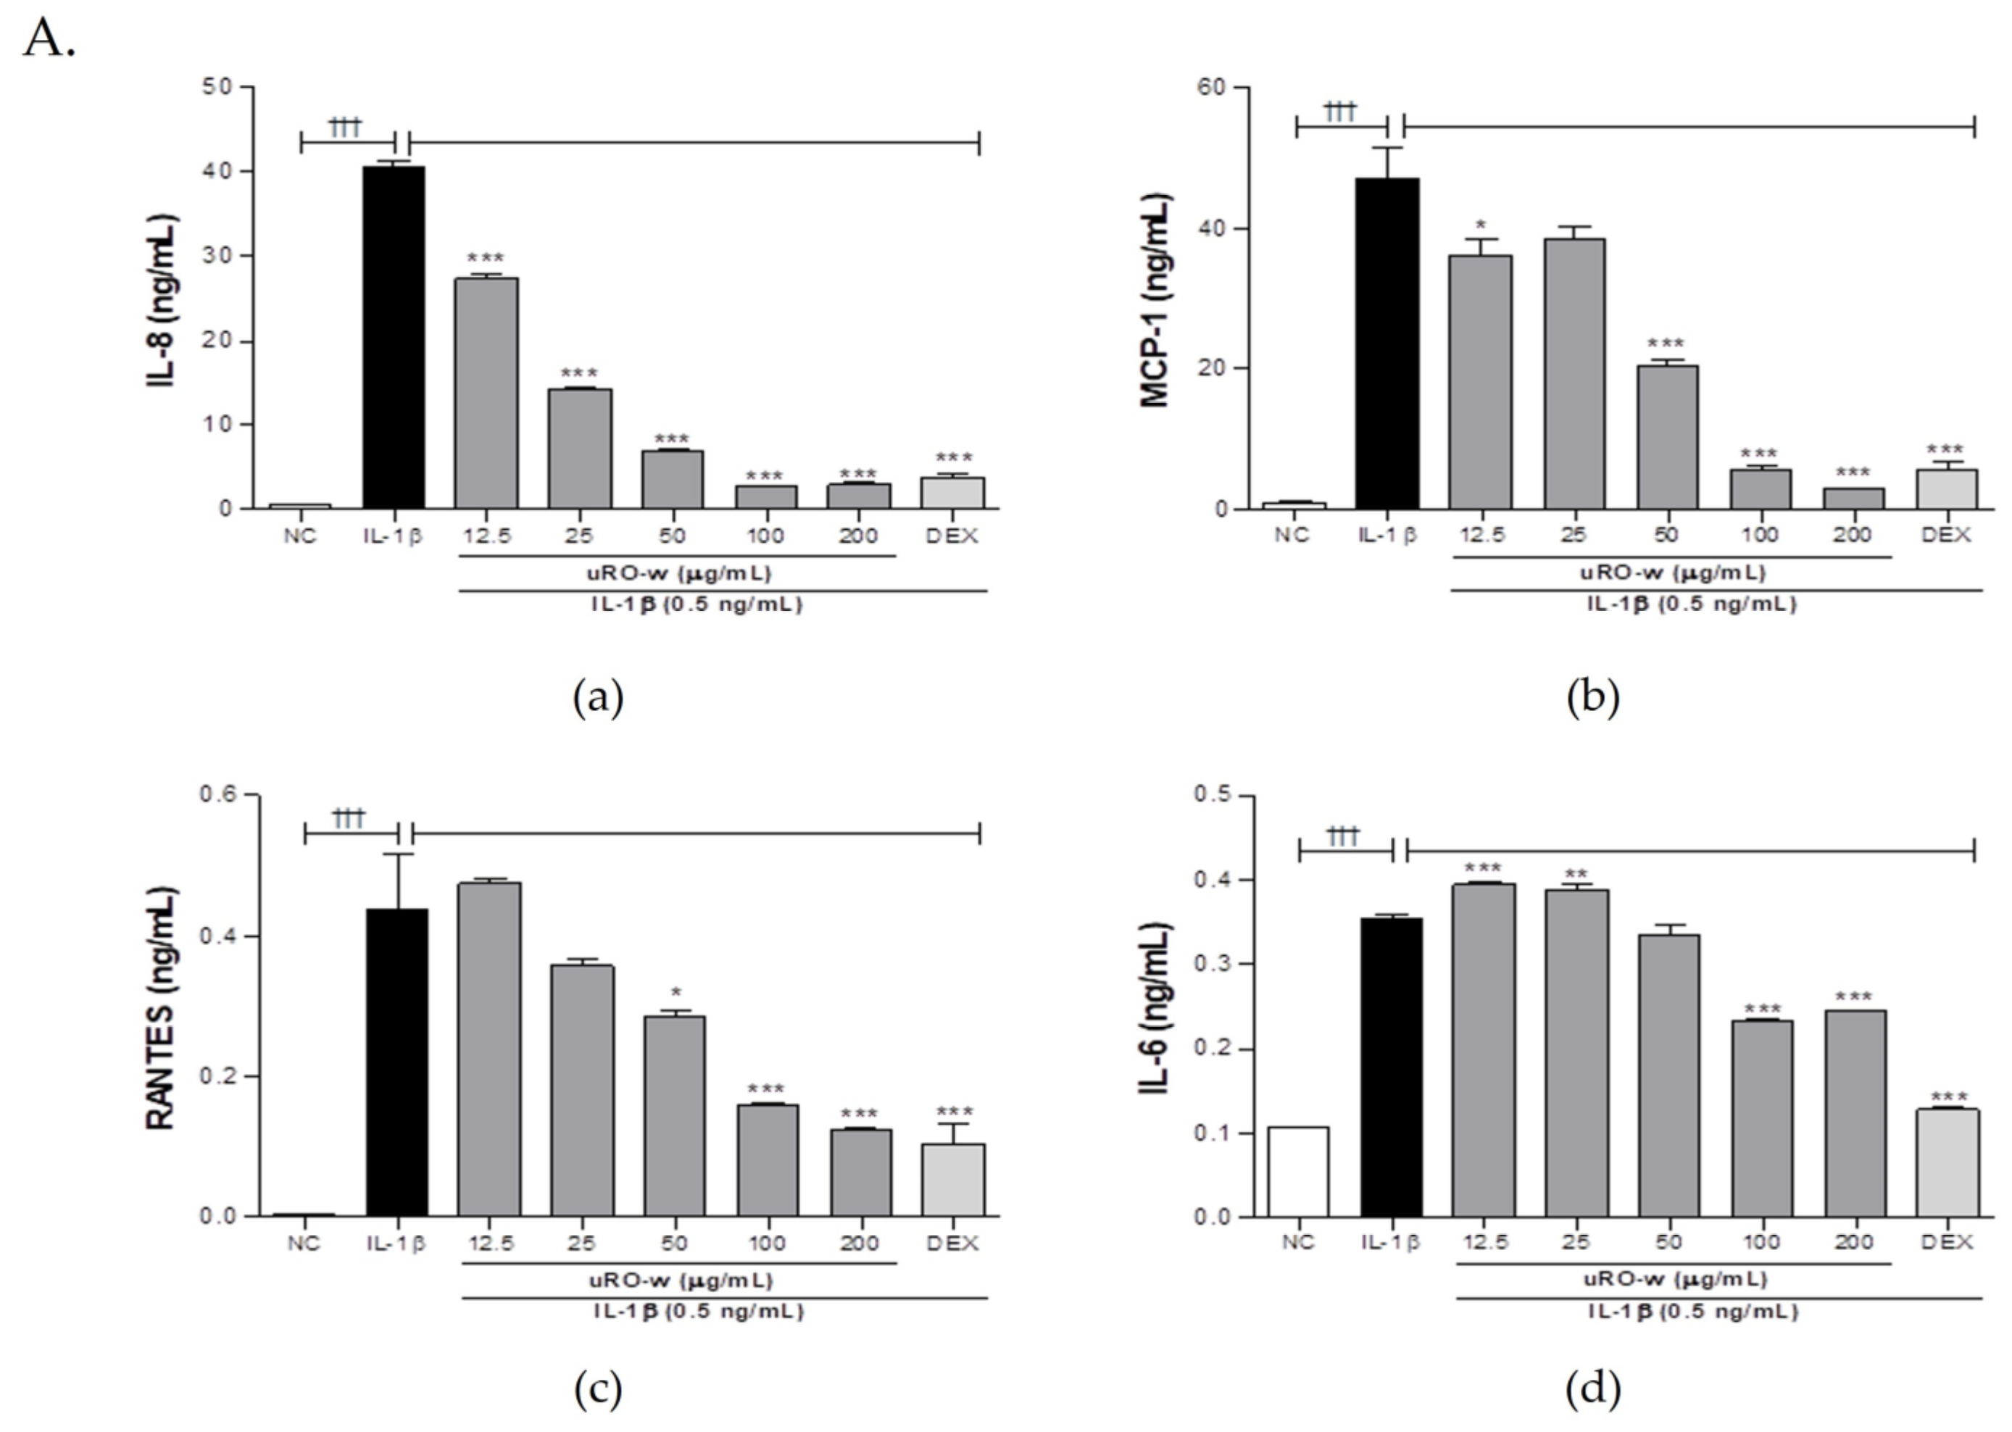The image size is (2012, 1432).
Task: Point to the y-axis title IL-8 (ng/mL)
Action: (162, 300)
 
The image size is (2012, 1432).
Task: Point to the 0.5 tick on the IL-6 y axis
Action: (1213, 796)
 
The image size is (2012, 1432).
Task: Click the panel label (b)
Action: (1592, 697)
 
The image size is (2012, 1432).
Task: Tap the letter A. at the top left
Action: (49, 40)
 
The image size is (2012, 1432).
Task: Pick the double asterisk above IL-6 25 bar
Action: (1575, 875)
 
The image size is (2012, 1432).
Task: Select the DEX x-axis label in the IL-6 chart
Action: (1946, 1241)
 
